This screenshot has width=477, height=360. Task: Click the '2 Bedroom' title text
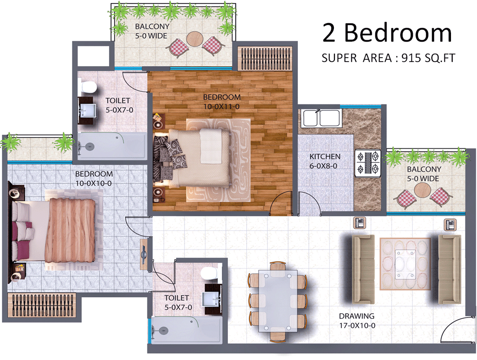tap(387, 33)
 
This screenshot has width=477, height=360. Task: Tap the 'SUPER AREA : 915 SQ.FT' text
tap(388, 58)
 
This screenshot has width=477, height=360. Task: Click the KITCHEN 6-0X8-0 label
tap(325, 161)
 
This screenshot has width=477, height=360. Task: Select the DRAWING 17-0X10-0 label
tap(357, 321)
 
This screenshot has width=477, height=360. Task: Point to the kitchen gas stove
tap(368, 163)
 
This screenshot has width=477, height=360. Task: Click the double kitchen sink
tap(320, 118)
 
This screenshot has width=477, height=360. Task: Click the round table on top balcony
tap(195, 39)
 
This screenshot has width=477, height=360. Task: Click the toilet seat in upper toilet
tap(87, 87)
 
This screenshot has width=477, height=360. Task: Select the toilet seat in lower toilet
tap(209, 273)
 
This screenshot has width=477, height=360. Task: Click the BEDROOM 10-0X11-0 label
tap(222, 102)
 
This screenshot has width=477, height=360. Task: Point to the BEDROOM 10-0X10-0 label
tap(94, 178)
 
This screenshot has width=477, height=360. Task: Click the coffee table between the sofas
tap(405, 264)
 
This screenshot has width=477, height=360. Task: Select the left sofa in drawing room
tap(363, 269)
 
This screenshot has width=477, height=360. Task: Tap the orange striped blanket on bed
tap(70, 230)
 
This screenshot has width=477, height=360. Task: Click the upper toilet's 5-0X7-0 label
tap(119, 110)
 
